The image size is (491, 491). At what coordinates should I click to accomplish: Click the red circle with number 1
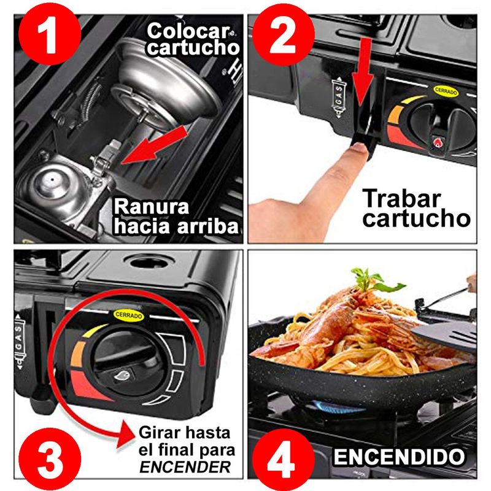click(50, 34)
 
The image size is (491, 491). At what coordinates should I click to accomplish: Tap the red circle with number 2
click(284, 34)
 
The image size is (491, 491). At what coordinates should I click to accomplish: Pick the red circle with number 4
click(284, 459)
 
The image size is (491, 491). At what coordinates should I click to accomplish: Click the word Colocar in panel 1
click(188, 31)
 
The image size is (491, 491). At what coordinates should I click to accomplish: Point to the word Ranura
click(151, 207)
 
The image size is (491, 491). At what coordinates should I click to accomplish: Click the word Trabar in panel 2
click(401, 198)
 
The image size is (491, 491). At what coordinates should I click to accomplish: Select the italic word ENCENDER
click(185, 467)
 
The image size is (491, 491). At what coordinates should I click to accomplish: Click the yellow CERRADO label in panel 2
click(446, 91)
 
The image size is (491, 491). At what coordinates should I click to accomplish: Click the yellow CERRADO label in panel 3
click(129, 315)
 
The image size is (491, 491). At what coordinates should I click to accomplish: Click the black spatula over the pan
click(444, 335)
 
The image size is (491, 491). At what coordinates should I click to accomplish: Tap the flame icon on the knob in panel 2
click(436, 143)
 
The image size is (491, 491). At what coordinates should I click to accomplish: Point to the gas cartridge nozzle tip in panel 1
click(52, 179)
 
